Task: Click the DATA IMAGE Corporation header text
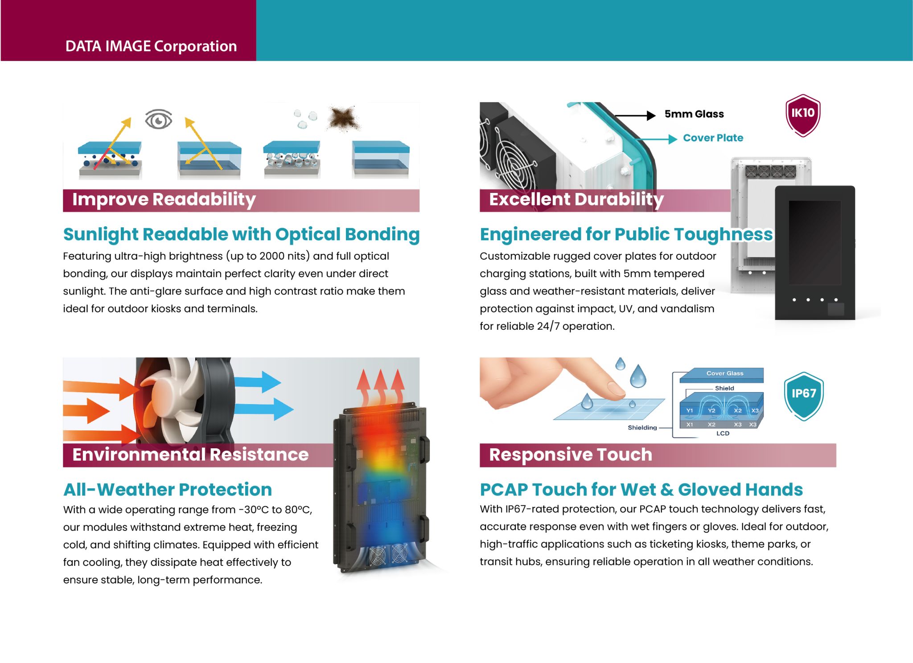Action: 151,46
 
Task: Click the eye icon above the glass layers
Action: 158,119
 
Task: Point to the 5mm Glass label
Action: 694,114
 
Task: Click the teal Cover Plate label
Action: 713,138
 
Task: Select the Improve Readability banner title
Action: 164,200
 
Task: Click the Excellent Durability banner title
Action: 576,200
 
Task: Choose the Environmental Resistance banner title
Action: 190,455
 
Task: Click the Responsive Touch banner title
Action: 570,455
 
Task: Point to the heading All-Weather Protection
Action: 168,490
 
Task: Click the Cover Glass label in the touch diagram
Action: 724,373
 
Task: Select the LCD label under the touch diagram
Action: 723,434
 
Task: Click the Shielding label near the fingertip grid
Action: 642,428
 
